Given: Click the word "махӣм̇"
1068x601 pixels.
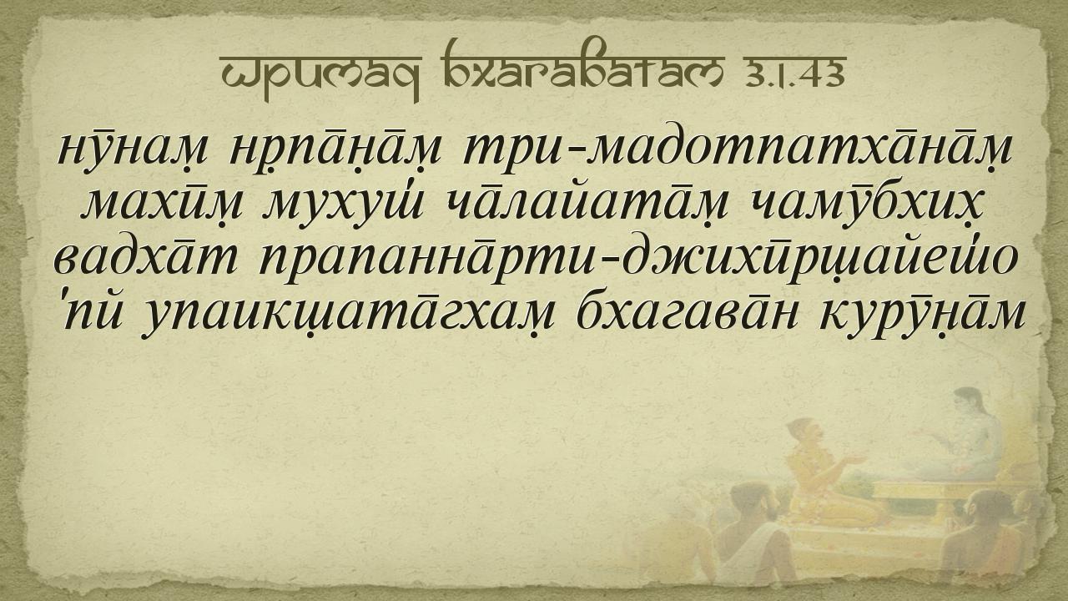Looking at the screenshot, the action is [163, 205].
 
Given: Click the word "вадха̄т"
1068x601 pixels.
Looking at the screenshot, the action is [145, 259].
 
